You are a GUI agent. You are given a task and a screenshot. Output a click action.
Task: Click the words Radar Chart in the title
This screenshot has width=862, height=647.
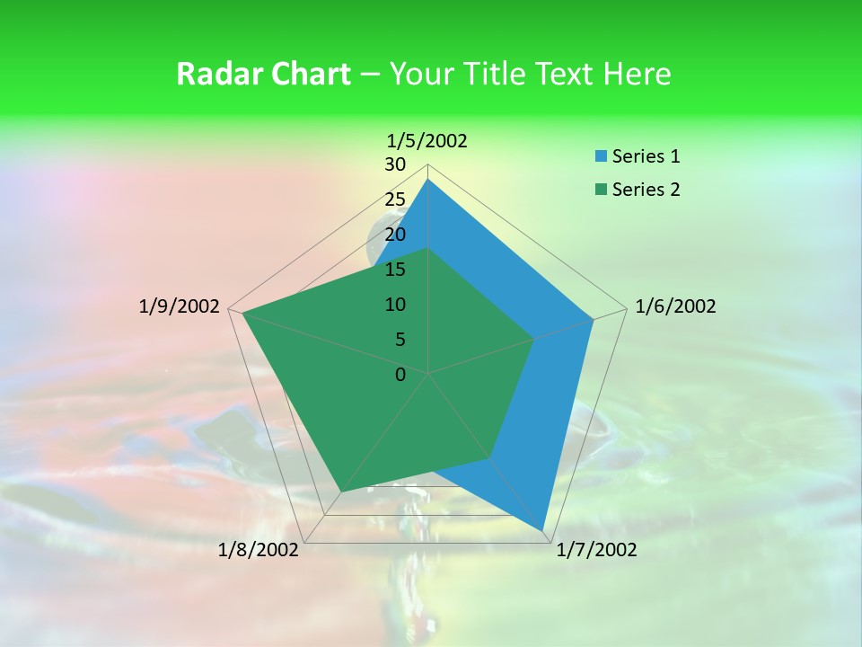(263, 74)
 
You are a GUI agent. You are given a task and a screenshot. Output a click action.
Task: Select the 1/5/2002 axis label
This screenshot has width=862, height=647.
(427, 140)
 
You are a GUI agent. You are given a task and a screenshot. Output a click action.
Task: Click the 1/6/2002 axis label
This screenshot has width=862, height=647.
(675, 306)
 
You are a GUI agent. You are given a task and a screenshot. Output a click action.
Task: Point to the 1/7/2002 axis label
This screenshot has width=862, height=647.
(596, 550)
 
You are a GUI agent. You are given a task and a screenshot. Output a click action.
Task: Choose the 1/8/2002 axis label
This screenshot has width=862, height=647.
(259, 550)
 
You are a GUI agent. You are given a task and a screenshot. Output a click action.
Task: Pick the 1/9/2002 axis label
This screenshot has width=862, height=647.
(180, 306)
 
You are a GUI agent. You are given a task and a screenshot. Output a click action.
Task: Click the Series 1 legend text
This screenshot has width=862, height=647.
(646, 156)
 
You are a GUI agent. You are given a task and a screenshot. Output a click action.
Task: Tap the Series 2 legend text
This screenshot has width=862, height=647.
(646, 190)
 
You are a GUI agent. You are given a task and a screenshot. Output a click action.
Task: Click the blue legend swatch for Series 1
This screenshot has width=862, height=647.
(600, 157)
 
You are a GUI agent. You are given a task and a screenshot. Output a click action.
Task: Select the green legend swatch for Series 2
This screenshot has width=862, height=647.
(600, 190)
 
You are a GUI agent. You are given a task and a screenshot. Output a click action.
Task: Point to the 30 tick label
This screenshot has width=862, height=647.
(395, 164)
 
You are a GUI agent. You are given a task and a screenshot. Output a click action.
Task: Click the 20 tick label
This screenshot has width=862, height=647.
(395, 235)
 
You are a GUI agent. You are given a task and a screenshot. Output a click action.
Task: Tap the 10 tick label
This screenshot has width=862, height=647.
(395, 305)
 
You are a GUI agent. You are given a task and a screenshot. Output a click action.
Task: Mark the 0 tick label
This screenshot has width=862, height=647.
(400, 375)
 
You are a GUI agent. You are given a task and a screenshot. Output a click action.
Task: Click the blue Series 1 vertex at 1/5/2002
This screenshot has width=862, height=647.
(427, 179)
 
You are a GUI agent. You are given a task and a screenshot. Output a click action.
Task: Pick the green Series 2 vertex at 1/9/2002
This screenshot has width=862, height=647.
(243, 314)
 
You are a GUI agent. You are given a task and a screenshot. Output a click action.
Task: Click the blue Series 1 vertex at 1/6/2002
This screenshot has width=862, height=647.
(594, 319)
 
